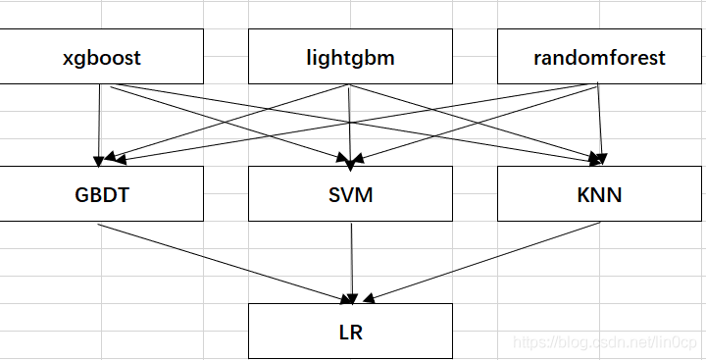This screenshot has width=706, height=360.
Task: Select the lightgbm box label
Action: point(350,57)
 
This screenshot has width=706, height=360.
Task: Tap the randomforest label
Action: point(599,57)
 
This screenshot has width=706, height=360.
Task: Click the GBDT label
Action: point(103,193)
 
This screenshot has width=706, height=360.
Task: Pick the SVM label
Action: point(350,193)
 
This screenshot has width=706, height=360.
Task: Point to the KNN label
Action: point(599,193)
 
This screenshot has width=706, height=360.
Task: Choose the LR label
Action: point(350,332)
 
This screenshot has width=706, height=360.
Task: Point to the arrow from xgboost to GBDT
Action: point(99,123)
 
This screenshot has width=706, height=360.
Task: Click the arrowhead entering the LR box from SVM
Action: point(350,296)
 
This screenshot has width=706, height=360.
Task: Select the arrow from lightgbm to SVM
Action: point(350,123)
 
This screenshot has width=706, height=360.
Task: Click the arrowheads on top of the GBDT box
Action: point(101,157)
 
